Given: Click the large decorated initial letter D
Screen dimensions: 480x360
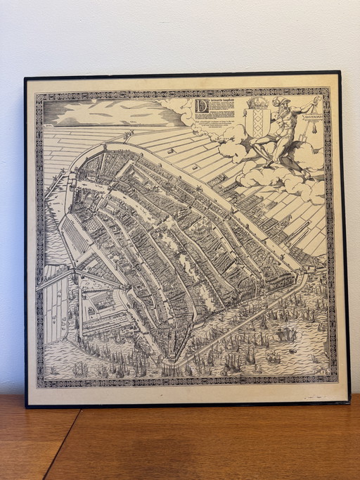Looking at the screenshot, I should pyautogui.click(x=202, y=106).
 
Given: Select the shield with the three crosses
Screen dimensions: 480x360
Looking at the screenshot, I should pyautogui.click(x=257, y=125).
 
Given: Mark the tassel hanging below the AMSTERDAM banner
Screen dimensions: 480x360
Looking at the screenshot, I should pyautogui.click(x=309, y=129).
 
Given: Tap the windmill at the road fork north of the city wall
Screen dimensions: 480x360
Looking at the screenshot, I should pyautogui.click(x=127, y=134).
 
